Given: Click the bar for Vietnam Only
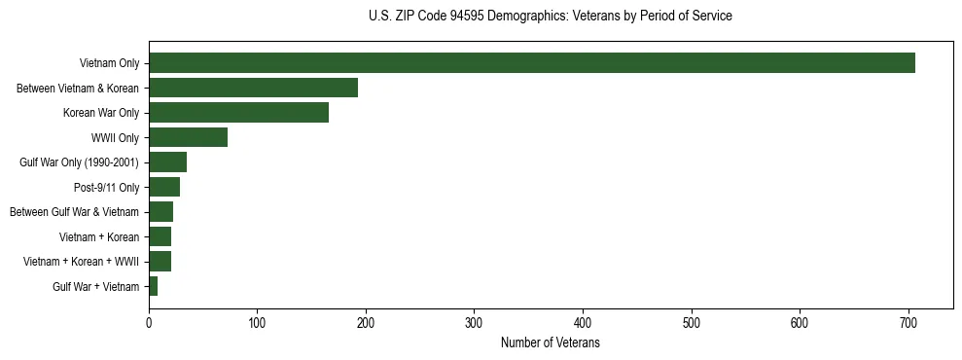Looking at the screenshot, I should (531, 63).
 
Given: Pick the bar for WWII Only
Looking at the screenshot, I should (188, 137).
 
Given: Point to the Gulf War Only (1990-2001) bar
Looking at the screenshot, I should (167, 162).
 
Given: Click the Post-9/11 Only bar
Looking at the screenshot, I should (164, 187).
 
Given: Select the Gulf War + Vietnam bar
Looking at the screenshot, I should (153, 286).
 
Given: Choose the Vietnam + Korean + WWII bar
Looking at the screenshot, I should (160, 262).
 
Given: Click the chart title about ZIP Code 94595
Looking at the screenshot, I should (551, 17).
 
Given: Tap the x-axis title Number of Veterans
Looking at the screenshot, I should (550, 343).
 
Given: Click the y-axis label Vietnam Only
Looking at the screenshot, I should (109, 64).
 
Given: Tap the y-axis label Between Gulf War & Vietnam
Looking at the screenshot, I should (74, 212).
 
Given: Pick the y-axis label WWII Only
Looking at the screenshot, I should (115, 138).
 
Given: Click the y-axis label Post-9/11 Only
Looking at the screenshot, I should (107, 188).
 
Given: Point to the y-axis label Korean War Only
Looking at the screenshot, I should (101, 113).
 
